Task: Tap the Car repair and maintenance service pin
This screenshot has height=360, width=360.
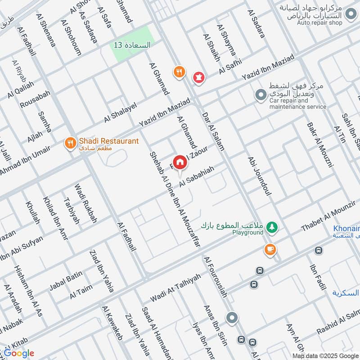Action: point(260,95)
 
